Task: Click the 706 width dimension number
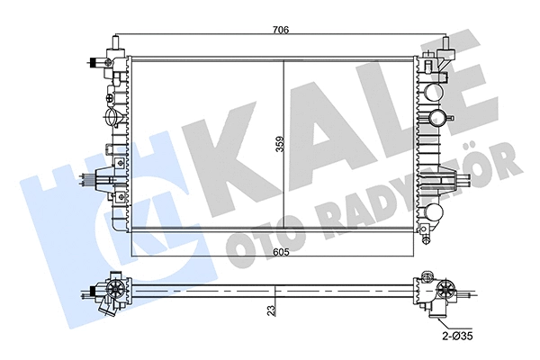tap(280, 30)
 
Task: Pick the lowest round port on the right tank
tap(434, 213)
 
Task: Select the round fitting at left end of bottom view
tap(116, 291)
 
